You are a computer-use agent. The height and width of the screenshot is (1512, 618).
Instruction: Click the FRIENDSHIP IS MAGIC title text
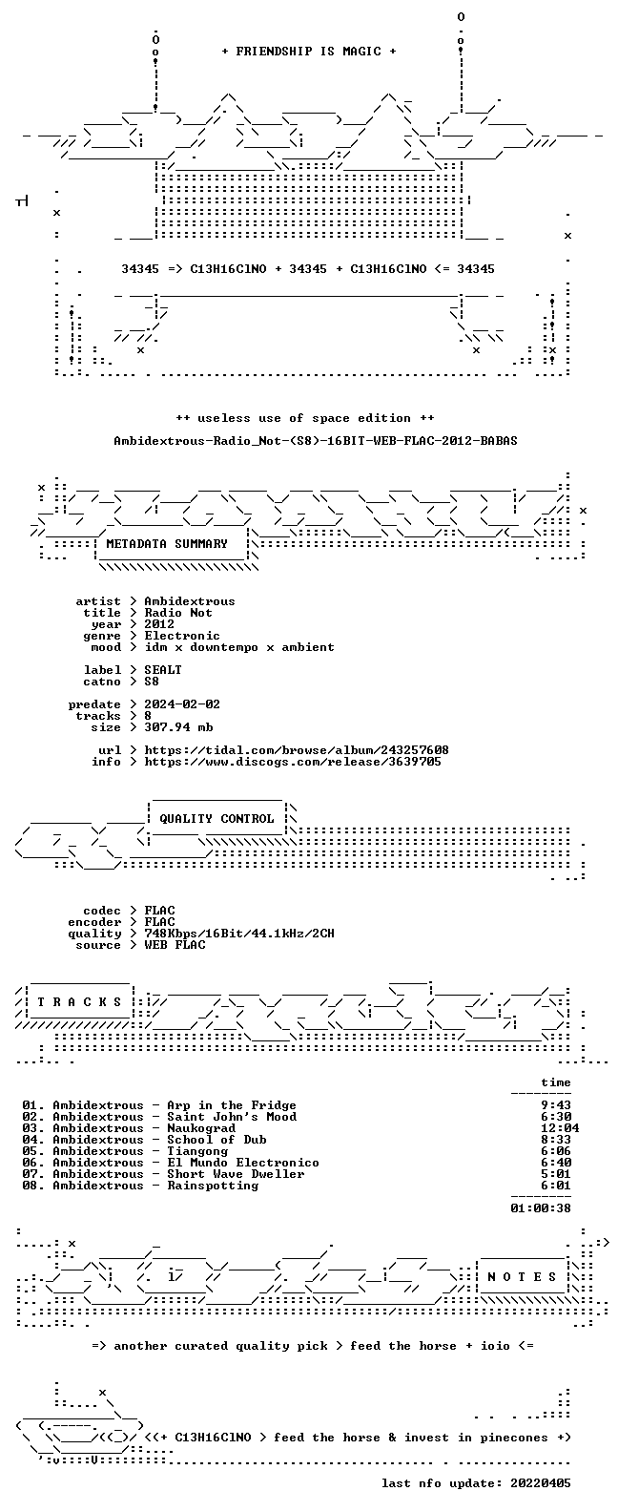pyautogui.click(x=309, y=52)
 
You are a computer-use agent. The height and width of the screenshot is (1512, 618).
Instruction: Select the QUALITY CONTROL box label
pyautogui.click(x=216, y=819)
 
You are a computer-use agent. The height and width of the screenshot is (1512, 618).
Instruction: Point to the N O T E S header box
pyautogui.click(x=522, y=1276)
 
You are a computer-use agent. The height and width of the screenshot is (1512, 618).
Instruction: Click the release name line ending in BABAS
pyautogui.click(x=316, y=441)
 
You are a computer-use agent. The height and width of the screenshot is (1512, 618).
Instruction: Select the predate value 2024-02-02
pyautogui.click(x=182, y=704)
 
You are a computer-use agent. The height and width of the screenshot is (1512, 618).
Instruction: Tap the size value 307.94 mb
pyautogui.click(x=178, y=727)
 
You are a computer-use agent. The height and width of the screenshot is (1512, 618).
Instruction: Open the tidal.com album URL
pyautogui.click(x=297, y=750)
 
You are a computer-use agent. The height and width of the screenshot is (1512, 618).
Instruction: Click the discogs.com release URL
pyautogui.click(x=293, y=762)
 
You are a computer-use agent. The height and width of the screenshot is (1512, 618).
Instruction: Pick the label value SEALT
pyautogui.click(x=162, y=669)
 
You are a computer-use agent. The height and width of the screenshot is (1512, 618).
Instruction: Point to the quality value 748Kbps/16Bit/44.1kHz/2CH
pyautogui.click(x=238, y=934)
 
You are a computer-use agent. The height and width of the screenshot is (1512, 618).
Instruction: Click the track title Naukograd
pyautogui.click(x=202, y=1128)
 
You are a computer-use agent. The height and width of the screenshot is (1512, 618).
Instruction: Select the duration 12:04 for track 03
pyautogui.click(x=559, y=1128)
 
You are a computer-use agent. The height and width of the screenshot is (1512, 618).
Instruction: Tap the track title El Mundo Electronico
pyautogui.click(x=243, y=1163)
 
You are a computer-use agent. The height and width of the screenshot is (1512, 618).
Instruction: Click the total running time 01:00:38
pyautogui.click(x=541, y=1207)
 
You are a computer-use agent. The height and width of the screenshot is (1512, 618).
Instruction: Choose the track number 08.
pyautogui.click(x=30, y=1186)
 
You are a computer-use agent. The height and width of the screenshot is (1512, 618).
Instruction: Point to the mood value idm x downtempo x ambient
pyautogui.click(x=238, y=646)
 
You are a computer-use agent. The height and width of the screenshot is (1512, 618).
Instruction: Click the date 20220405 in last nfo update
pyautogui.click(x=541, y=1483)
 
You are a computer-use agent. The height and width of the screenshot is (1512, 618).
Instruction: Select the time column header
pyautogui.click(x=555, y=1082)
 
